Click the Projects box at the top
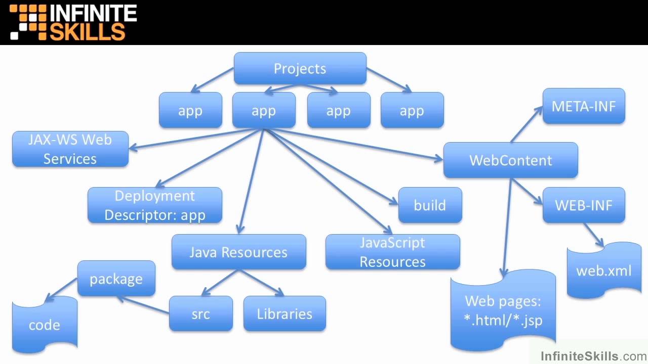300,69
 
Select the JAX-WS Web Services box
70,149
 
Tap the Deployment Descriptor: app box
155,205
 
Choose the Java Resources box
238,252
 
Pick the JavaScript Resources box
392,252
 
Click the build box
430,205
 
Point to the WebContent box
510,160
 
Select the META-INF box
584,106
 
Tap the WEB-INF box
584,205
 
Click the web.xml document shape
603,270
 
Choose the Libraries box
285,314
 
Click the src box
200,314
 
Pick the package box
116,279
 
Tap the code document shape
45,325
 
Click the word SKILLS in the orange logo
87,31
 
